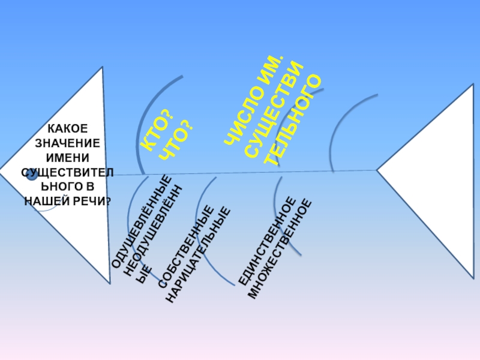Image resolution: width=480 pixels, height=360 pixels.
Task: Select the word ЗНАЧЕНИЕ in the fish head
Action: (x=67, y=143)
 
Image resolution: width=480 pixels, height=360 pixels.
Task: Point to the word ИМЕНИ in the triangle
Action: (x=67, y=158)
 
